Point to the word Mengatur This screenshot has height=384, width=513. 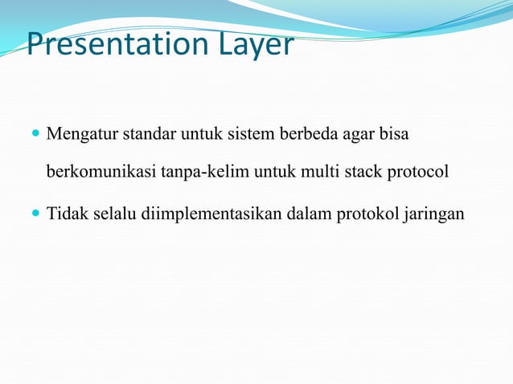(81, 133)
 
